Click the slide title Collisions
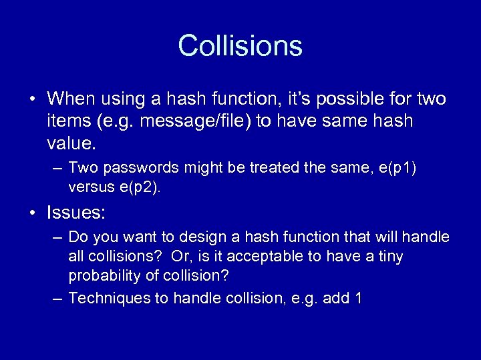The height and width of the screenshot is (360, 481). pos(240,46)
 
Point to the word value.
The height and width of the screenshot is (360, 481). pos(71,143)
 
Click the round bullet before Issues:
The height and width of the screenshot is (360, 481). pos(33,213)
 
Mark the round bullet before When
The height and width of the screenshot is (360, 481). pos(33,100)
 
